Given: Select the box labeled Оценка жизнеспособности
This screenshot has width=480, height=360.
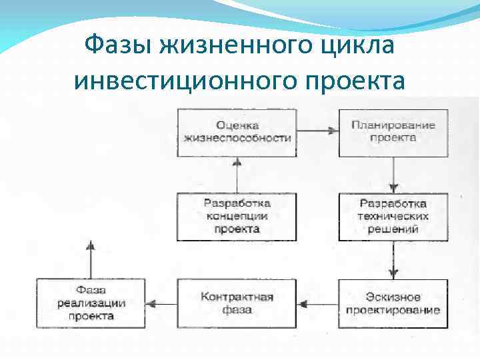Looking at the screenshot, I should point(237,132).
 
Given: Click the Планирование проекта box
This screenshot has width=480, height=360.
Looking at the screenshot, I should point(393,132).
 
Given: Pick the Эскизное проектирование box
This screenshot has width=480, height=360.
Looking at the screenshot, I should point(393,303).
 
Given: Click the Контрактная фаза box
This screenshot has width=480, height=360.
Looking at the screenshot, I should point(237,303).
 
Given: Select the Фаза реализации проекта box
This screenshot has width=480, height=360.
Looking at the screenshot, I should point(91,303).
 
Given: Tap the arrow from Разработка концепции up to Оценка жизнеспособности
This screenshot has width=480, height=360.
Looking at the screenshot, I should point(235,175).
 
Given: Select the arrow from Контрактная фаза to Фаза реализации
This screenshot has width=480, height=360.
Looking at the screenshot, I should point(161,303).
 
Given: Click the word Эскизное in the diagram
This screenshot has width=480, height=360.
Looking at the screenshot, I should point(393,297).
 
